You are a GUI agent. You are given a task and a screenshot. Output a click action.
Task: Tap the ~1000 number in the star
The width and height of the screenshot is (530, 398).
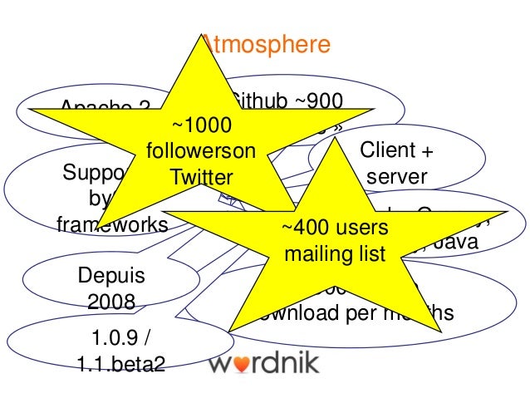click(x=200, y=125)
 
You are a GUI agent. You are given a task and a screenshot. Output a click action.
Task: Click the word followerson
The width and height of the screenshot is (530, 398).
click(x=199, y=151)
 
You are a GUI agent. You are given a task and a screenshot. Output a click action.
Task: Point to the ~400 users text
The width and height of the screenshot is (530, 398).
click(x=335, y=228)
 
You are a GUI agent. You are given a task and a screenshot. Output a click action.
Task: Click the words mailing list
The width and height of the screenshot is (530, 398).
click(x=335, y=253)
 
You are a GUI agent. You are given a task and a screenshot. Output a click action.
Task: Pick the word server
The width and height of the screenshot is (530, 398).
click(x=395, y=176)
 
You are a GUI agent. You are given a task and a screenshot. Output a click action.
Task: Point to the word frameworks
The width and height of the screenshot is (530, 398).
click(x=112, y=224)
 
